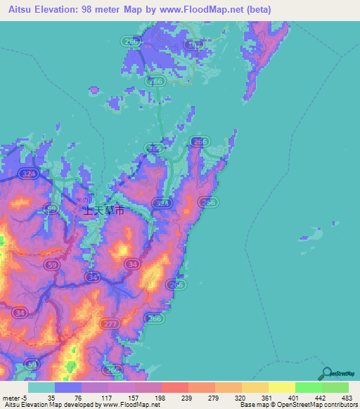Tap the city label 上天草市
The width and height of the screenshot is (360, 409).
tap(104, 210)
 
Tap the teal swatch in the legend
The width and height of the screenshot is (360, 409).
tap(41, 387)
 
